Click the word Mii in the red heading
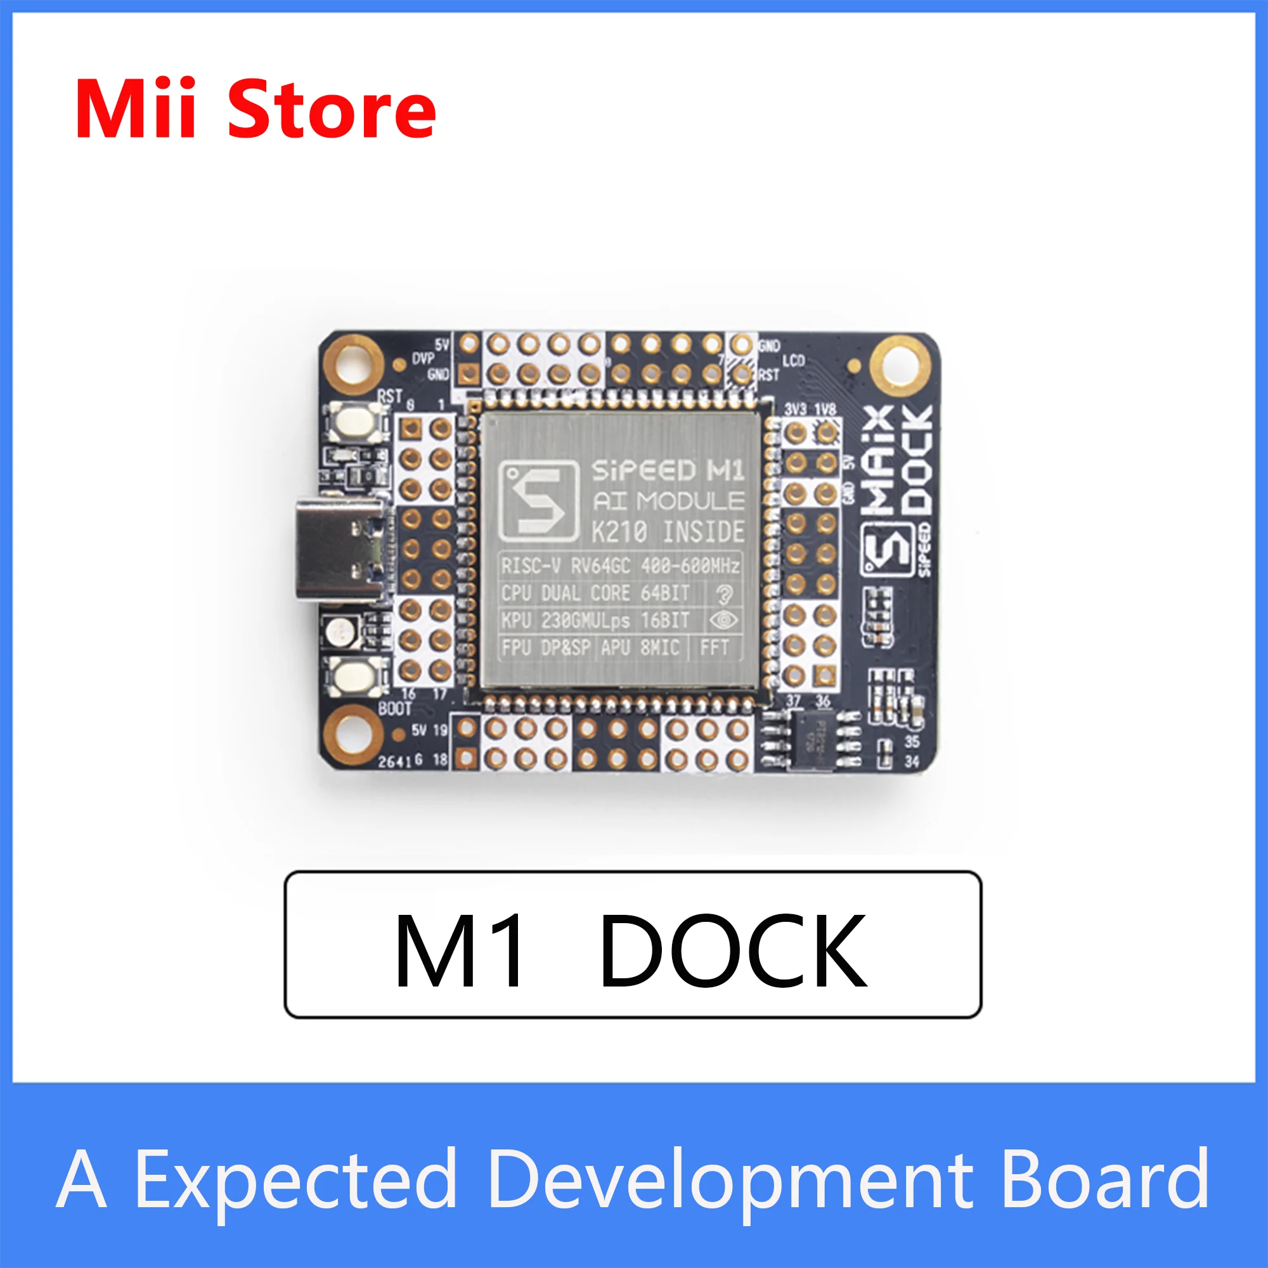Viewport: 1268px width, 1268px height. [x=135, y=109]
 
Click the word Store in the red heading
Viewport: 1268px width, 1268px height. [x=332, y=109]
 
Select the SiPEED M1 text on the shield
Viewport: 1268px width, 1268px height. [x=668, y=470]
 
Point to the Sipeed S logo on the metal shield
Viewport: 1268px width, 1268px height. [x=539, y=501]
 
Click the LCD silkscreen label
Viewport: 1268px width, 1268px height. [x=794, y=360]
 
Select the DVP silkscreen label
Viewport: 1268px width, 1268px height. [x=424, y=358]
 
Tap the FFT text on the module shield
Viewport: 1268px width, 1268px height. [x=714, y=648]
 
